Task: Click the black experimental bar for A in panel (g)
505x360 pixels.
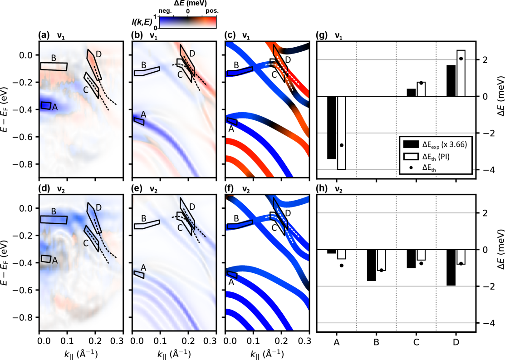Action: (332, 127)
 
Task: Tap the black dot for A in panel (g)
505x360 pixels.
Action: (341, 145)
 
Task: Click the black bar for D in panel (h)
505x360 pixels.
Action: (451, 267)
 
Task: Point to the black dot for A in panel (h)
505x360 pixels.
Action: (341, 266)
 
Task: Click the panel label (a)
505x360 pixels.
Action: (44, 35)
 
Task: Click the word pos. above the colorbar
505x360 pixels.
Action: (212, 10)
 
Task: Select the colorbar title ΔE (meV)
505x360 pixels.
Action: (188, 3)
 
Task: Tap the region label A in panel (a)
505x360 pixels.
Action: (55, 107)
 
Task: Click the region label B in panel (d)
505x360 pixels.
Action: (54, 212)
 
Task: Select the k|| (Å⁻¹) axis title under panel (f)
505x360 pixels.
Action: (267, 354)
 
